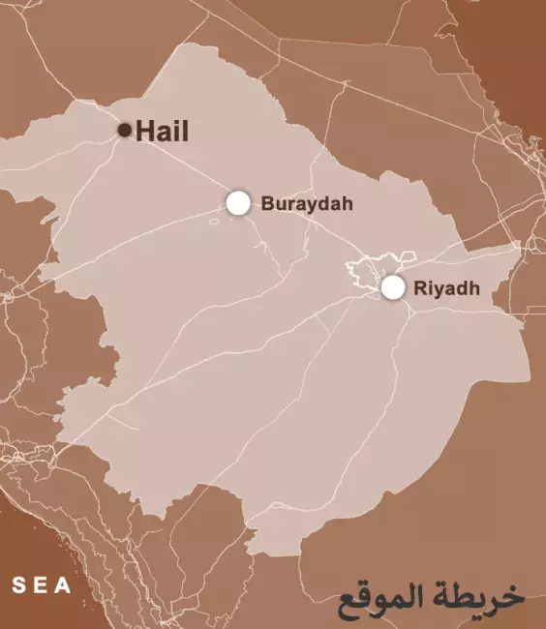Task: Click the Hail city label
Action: [162, 131]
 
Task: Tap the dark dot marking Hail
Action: [124, 130]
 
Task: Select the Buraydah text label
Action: [307, 204]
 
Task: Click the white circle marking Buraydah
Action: [237, 202]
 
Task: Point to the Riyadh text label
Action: [446, 287]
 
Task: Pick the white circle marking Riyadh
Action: [392, 286]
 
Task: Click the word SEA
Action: [42, 585]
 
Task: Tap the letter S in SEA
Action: [17, 585]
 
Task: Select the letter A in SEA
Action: [64, 585]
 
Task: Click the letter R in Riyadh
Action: [419, 287]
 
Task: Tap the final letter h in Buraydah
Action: [347, 204]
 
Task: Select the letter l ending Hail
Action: [185, 131]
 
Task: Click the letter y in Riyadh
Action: [439, 289]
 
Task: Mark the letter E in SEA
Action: [41, 585]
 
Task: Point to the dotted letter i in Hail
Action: [176, 131]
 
